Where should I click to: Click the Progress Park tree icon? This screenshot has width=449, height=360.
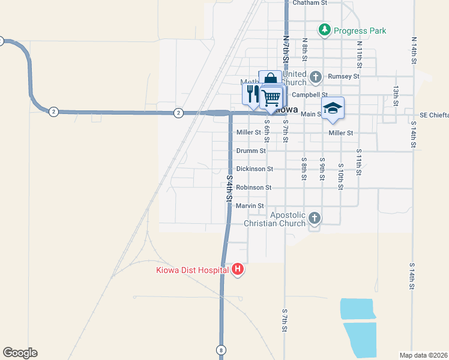click(x=324, y=30)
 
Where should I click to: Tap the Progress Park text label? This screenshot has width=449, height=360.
click(x=360, y=31)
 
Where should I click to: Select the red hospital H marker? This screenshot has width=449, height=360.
click(x=238, y=269)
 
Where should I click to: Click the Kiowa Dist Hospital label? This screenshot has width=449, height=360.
click(x=192, y=270)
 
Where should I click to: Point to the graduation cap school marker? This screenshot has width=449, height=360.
click(x=333, y=107)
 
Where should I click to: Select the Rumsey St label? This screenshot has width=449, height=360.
click(x=343, y=77)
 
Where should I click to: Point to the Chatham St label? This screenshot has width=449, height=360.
click(x=309, y=3)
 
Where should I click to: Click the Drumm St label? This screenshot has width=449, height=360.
click(x=251, y=151)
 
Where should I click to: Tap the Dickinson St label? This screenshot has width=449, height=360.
click(x=255, y=169)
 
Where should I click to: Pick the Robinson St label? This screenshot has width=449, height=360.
click(x=254, y=188)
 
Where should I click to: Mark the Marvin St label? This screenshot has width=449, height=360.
click(x=250, y=206)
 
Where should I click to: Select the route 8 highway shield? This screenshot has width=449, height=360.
click(x=221, y=349)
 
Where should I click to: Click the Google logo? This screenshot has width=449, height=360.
click(x=20, y=353)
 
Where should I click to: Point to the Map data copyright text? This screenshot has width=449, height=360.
click(x=424, y=355)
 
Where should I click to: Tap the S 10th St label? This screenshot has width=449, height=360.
click(x=340, y=176)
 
